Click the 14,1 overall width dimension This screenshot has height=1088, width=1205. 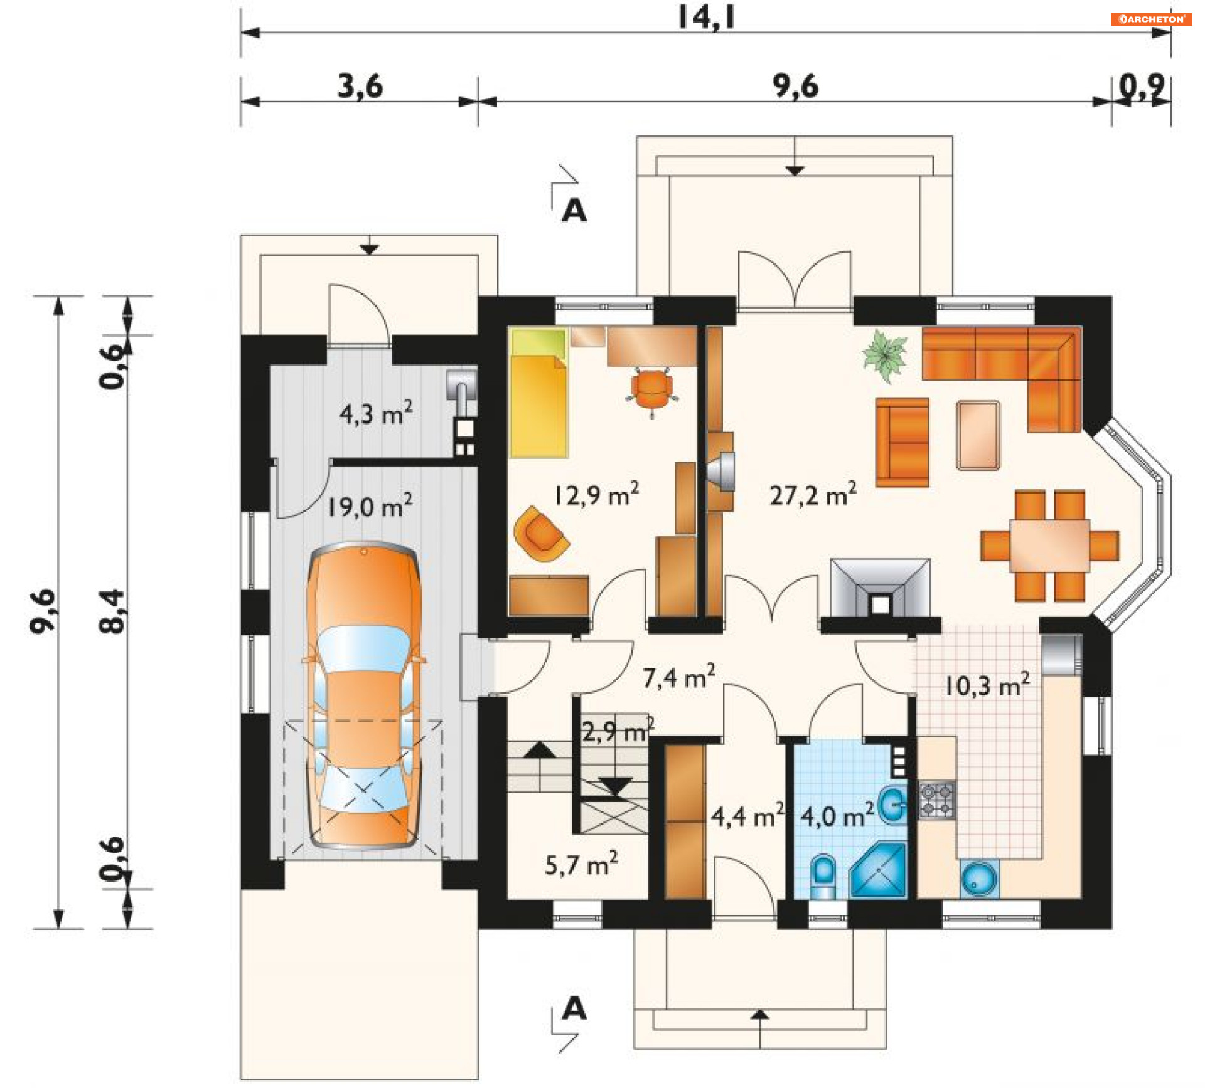tap(706, 17)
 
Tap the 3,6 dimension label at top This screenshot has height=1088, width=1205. tap(360, 86)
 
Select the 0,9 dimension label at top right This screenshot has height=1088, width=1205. tap(1142, 87)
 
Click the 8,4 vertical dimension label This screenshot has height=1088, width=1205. tap(113, 611)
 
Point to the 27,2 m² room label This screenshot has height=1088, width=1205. tap(813, 495)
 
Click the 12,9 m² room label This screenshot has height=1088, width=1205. tap(596, 495)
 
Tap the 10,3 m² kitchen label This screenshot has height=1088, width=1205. tap(987, 685)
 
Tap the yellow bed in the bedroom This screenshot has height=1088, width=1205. tap(539, 393)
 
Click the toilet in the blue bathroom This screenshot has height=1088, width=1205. tap(823, 876)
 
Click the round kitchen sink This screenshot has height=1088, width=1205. tap(979, 879)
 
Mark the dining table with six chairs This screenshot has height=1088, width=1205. tap(1050, 546)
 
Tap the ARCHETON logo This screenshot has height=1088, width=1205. tap(1152, 19)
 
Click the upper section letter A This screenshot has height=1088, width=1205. tap(574, 211)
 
